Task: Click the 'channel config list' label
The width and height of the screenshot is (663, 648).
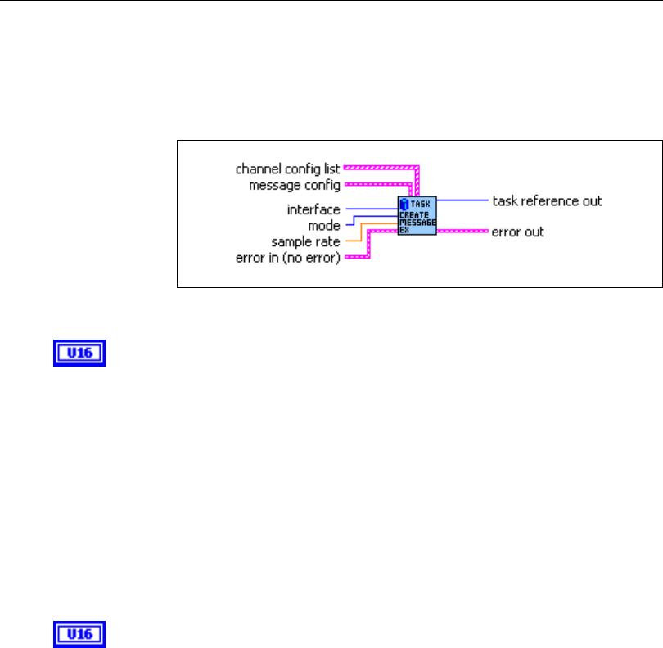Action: pyautogui.click(x=287, y=169)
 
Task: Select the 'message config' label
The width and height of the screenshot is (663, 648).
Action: pyautogui.click(x=294, y=186)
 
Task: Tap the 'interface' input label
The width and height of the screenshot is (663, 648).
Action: pyautogui.click(x=313, y=209)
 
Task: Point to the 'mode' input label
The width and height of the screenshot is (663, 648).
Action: pyautogui.click(x=324, y=225)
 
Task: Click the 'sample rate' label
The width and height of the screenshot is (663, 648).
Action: pyautogui.click(x=306, y=241)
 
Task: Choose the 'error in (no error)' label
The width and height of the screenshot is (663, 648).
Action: pyautogui.click(x=288, y=259)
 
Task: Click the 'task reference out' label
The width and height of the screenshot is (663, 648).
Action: pyautogui.click(x=547, y=200)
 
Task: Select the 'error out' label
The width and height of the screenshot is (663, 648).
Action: pyautogui.click(x=517, y=232)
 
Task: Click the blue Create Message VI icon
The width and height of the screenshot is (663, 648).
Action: pyautogui.click(x=417, y=216)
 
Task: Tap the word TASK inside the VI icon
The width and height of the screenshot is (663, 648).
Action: pyautogui.click(x=423, y=202)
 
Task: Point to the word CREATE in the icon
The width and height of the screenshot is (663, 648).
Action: pyautogui.click(x=414, y=214)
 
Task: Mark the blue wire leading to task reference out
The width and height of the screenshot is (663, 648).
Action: pyautogui.click(x=462, y=200)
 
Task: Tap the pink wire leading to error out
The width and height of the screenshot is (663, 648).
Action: pyautogui.click(x=462, y=232)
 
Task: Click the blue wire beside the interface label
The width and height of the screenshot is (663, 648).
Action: pyautogui.click(x=370, y=209)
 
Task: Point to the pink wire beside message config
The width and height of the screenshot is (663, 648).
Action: pyautogui.click(x=377, y=185)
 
